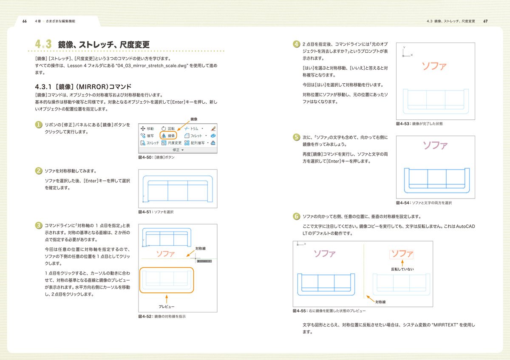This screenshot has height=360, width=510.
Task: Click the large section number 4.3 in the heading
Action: (43, 44)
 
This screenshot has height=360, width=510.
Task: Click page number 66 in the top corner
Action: (25, 21)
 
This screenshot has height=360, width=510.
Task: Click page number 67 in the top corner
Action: (485, 21)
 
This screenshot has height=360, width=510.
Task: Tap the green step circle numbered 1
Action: (38, 125)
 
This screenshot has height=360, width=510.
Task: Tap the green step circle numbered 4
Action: (296, 44)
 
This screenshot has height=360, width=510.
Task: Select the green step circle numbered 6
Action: (296, 216)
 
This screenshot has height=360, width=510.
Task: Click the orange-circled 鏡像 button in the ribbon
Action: (168, 136)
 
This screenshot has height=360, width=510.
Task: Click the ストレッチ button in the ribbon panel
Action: (150, 143)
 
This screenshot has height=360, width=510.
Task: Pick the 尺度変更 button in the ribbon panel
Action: (172, 143)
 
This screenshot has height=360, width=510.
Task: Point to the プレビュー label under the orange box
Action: (167, 306)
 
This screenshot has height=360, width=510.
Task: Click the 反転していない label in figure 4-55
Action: (402, 269)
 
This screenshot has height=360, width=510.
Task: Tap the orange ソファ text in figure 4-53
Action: (434, 66)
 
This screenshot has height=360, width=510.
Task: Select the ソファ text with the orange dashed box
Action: (402, 254)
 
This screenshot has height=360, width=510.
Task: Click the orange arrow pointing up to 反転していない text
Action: (402, 263)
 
